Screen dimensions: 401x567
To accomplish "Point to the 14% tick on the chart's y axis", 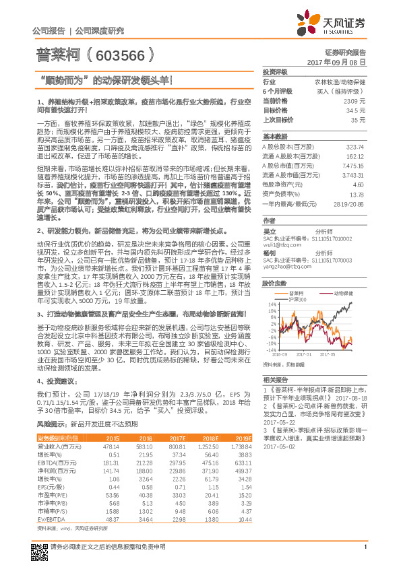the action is click(x=271, y=304).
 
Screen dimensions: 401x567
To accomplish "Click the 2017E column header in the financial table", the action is click(x=177, y=438).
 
